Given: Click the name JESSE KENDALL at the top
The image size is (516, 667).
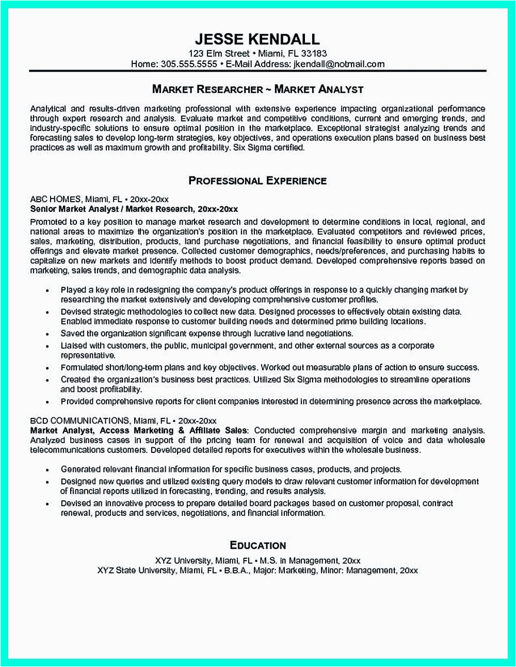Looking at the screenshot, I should pyautogui.click(x=257, y=39).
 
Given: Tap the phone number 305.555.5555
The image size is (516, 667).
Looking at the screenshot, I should pyautogui.click(x=189, y=64).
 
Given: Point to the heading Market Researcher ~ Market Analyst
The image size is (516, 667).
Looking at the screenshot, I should pyautogui.click(x=257, y=89).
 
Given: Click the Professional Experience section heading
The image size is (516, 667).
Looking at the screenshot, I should pyautogui.click(x=257, y=181).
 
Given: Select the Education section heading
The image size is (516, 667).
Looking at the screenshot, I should pyautogui.click(x=257, y=545).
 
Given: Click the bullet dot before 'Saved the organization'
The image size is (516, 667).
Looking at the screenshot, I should pyautogui.click(x=47, y=334).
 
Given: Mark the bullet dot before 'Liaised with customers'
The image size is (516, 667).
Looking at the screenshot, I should pyautogui.click(x=47, y=346).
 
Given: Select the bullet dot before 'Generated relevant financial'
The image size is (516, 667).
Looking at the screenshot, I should pyautogui.click(x=47, y=470).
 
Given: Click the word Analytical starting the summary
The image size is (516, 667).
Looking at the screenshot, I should pyautogui.click(x=48, y=109).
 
